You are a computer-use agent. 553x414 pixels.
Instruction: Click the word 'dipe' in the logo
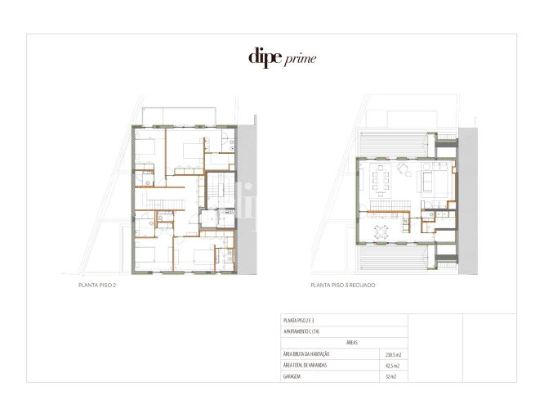tap(265, 57)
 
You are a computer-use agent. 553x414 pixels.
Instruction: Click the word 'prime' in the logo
tap(300, 59)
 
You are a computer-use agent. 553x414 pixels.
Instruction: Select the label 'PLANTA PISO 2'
tap(91, 286)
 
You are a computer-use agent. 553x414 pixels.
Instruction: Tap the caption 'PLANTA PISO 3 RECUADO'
tap(347, 286)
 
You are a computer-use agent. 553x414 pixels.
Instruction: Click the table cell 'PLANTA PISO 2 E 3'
tap(299, 321)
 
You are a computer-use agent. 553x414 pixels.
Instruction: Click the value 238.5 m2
tap(393, 354)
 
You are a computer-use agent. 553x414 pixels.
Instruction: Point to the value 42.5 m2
tap(393, 366)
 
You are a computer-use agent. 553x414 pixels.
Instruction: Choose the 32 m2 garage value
tap(393, 377)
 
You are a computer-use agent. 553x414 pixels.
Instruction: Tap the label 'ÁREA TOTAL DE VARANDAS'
tap(305, 366)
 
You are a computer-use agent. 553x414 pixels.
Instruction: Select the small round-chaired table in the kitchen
tap(381, 232)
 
